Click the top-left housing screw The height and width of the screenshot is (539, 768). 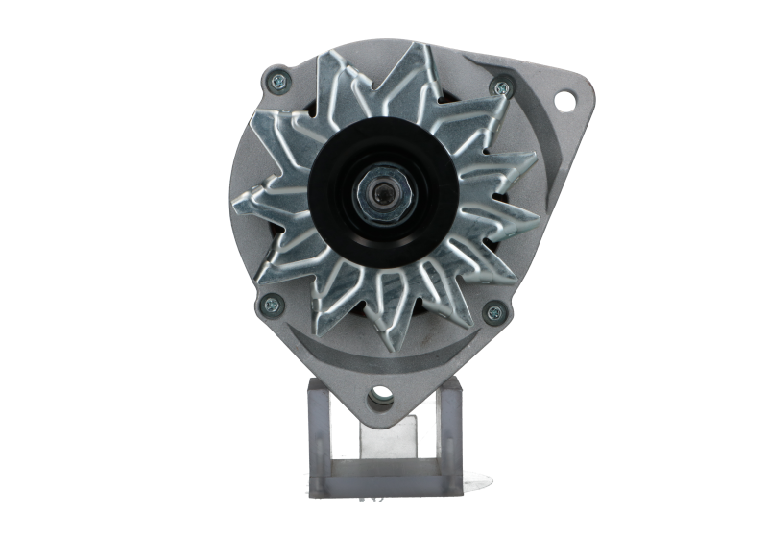(x=277, y=80)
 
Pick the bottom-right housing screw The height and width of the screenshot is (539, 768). (x=495, y=310)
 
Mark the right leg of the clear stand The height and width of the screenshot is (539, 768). (x=450, y=432)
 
